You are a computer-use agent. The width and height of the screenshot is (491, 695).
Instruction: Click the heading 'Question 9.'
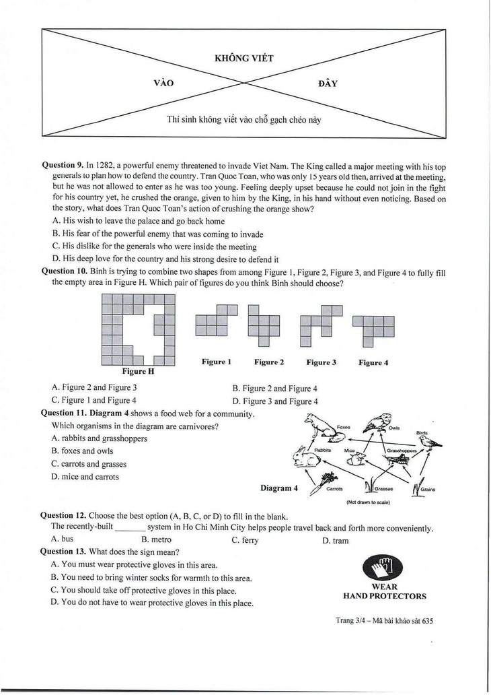tap(63, 165)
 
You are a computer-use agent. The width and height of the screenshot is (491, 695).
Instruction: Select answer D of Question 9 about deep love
tap(165, 259)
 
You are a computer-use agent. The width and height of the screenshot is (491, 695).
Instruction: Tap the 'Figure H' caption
tap(138, 372)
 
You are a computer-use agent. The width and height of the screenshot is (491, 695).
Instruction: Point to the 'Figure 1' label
tap(217, 362)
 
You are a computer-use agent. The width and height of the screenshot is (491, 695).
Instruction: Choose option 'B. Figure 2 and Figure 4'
tap(275, 389)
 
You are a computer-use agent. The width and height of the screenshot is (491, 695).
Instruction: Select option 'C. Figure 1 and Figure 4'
tap(94, 400)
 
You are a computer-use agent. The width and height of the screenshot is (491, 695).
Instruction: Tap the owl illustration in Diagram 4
tap(377, 422)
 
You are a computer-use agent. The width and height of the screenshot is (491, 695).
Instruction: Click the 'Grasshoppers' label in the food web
tap(402, 451)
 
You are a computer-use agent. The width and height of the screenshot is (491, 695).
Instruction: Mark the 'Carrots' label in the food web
tap(334, 490)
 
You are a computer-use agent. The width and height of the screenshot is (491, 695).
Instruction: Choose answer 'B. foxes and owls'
tap(82, 451)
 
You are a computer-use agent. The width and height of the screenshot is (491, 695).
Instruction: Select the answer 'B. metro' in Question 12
tap(156, 540)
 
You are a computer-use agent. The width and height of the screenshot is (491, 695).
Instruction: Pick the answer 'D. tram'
tap(336, 541)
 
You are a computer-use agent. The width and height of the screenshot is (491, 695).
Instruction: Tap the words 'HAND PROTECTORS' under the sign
tap(385, 596)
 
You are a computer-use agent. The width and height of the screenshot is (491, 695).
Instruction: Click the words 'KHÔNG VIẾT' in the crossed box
tap(244, 58)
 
